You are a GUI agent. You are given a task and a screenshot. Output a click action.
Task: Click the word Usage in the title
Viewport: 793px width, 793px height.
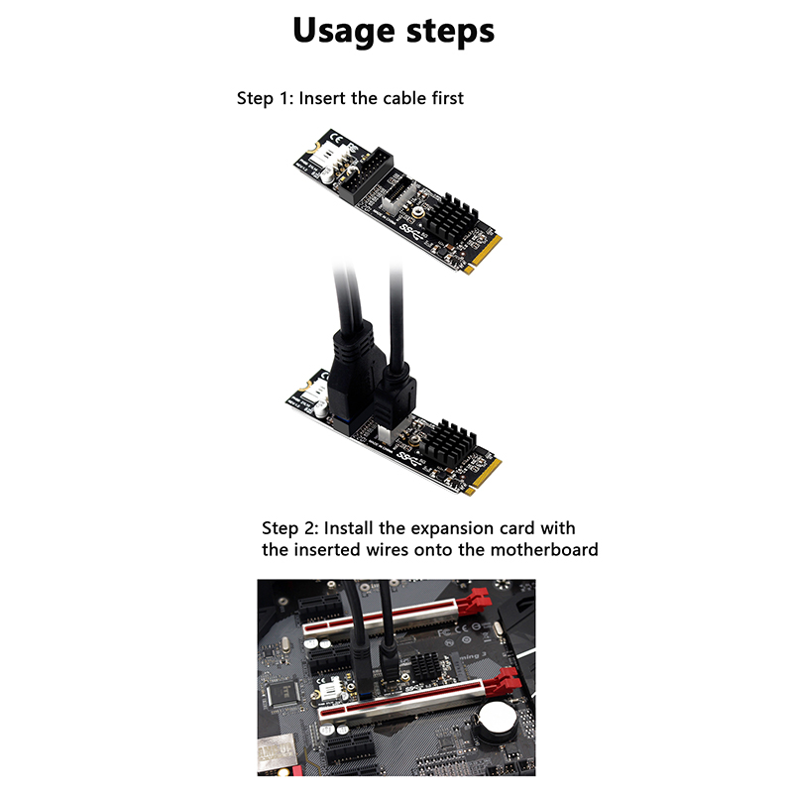(x=343, y=32)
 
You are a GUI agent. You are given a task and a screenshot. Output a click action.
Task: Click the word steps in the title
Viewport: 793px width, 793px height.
(x=451, y=33)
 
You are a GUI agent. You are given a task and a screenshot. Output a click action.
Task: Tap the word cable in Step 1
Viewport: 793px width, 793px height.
(x=404, y=98)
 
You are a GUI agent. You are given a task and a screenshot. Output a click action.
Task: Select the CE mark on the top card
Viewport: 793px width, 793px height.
(x=335, y=138)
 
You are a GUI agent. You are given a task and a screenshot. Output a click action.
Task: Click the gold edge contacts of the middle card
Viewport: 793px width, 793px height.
(x=484, y=476)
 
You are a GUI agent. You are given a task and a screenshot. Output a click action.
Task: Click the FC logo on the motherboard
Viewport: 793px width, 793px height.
(x=444, y=631)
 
